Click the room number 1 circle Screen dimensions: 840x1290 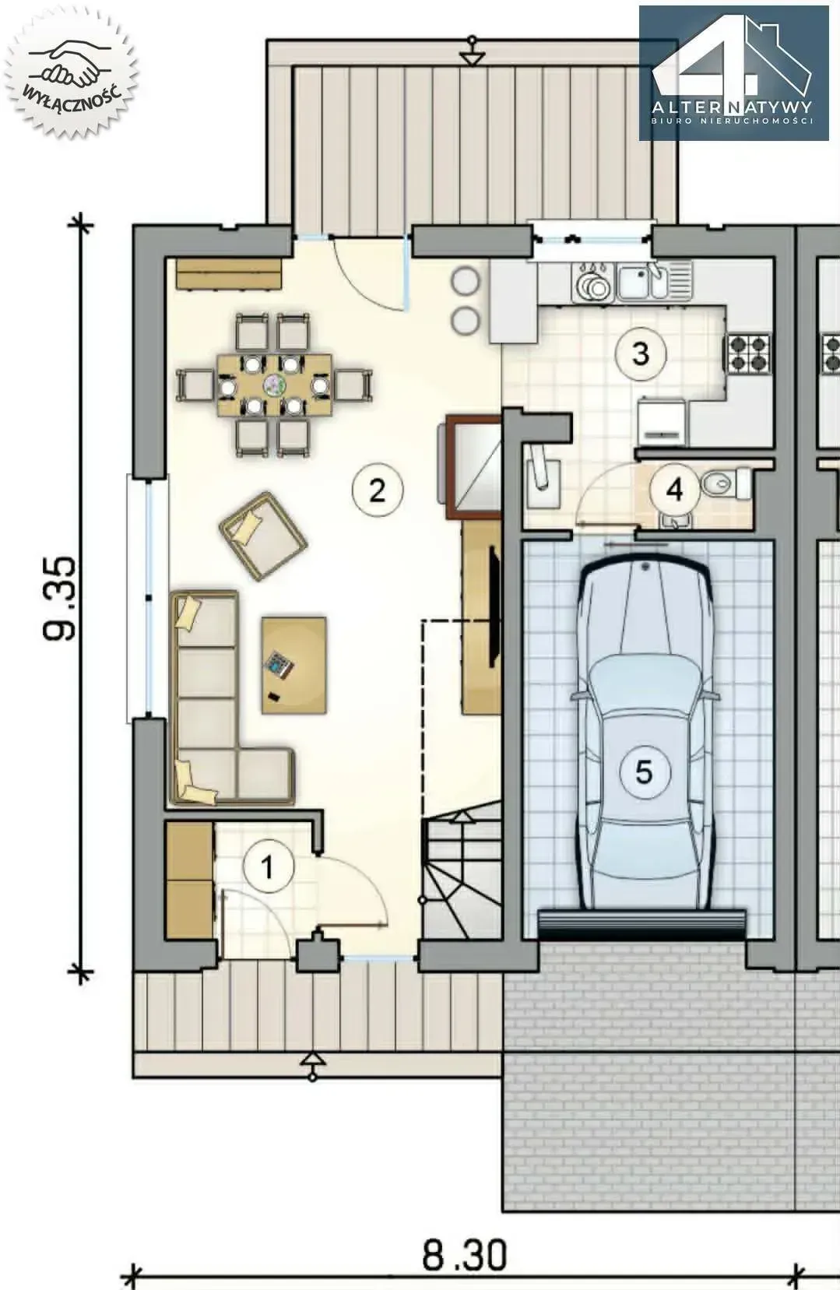(x=269, y=866)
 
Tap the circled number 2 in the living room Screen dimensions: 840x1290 (x=377, y=490)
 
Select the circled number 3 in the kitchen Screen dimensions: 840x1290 (x=640, y=353)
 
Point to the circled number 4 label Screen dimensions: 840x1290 (x=674, y=490)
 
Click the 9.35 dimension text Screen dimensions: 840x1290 (x=59, y=599)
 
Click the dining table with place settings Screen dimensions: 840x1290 (x=276, y=385)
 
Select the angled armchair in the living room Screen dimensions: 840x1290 (x=262, y=536)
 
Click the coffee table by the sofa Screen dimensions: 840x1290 (x=294, y=666)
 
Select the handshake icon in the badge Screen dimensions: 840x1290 (x=72, y=62)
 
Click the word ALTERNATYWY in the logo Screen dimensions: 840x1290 (x=732, y=107)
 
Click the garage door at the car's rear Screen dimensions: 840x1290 (x=641, y=925)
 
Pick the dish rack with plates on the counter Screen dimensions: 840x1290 (x=592, y=282)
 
